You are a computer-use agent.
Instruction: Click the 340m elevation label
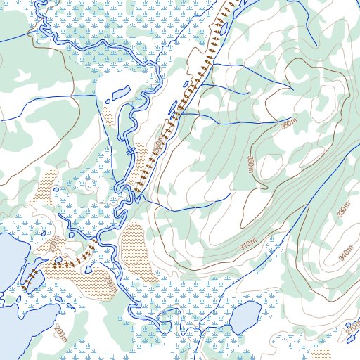[x=345, y=251]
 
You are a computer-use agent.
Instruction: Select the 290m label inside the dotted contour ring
[x=110, y=285]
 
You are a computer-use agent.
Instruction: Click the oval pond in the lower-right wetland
[x=245, y=318]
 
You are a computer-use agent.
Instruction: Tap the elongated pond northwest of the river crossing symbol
[x=120, y=93]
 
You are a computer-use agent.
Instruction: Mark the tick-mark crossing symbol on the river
[x=130, y=150]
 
